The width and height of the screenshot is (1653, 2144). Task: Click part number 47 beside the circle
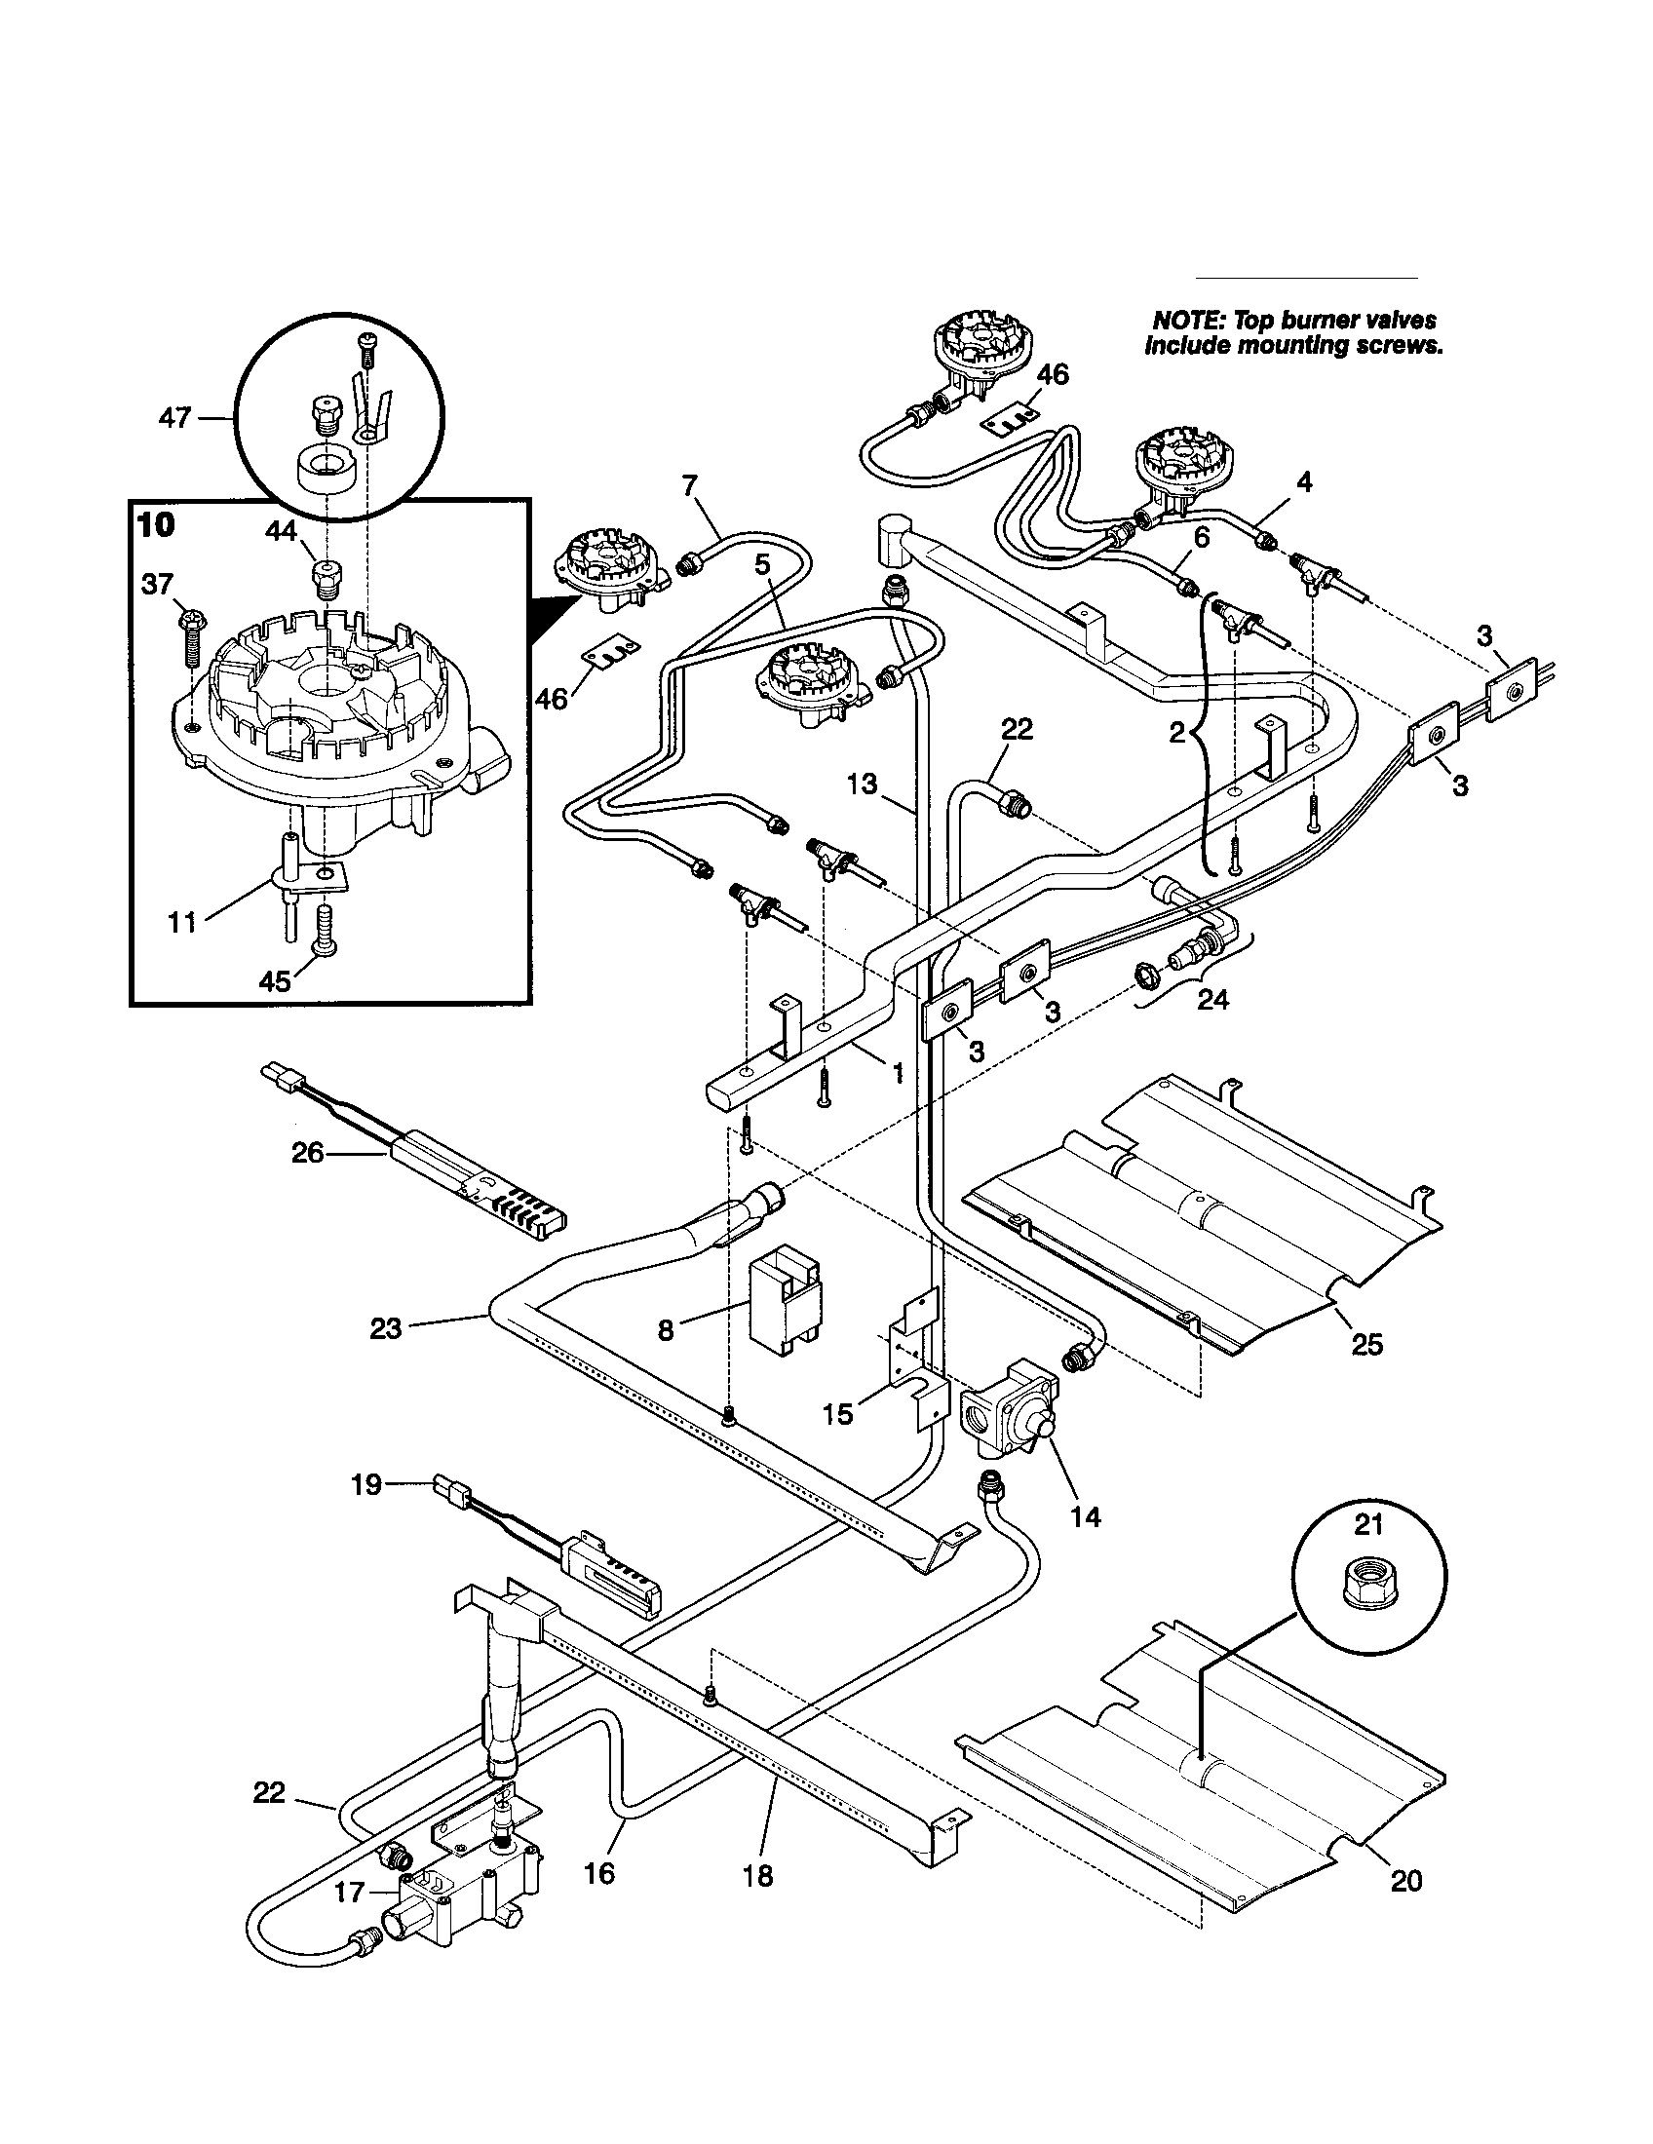click(174, 419)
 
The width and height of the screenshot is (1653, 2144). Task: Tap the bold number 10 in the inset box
click(156, 525)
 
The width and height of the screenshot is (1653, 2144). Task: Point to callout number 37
click(157, 585)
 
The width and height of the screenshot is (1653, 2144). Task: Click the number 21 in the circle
click(1368, 1524)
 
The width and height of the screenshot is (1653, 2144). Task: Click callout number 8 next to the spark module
click(667, 1330)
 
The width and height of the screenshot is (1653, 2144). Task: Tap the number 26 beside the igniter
click(307, 1154)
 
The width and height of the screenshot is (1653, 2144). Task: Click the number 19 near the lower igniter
click(365, 1484)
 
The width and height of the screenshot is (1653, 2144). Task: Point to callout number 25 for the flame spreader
click(1367, 1344)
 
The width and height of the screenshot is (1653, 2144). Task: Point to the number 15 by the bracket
click(838, 1415)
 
